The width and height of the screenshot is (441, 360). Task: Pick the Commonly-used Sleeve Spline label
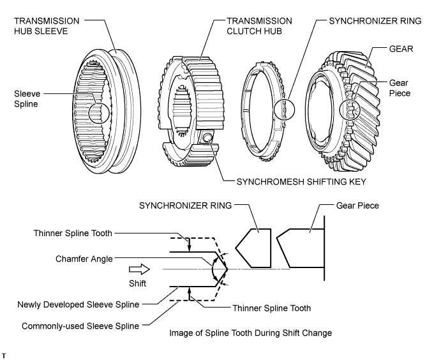click(x=78, y=326)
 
